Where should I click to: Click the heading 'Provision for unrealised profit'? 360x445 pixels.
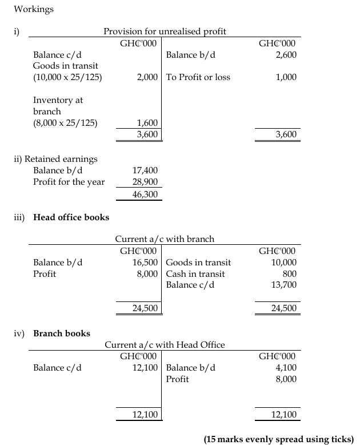tap(165, 31)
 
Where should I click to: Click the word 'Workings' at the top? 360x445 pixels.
tap(34, 9)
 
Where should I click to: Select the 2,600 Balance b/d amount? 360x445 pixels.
tap(286, 55)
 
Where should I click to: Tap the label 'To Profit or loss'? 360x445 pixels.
tap(198, 77)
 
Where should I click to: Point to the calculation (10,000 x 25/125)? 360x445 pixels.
tap(68, 77)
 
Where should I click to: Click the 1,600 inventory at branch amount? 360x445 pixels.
tap(147, 122)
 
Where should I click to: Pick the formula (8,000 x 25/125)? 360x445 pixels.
tap(65, 122)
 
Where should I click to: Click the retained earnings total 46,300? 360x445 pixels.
tap(145, 194)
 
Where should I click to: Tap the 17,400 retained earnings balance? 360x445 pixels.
tap(145, 170)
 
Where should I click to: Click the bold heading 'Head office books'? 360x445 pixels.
tap(71, 217)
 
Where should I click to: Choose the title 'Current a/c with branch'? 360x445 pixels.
tap(165, 239)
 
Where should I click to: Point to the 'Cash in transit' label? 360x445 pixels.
tap(195, 274)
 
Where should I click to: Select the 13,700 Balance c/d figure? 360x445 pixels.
tap(285, 285)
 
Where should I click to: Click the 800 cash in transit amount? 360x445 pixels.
tap(290, 274)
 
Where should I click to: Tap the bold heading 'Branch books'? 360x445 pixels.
tap(62, 333)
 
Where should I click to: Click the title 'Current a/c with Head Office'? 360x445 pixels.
tap(165, 345)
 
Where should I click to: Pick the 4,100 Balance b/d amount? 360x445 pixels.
tap(286, 368)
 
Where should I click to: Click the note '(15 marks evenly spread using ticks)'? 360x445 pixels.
tap(279, 439)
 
